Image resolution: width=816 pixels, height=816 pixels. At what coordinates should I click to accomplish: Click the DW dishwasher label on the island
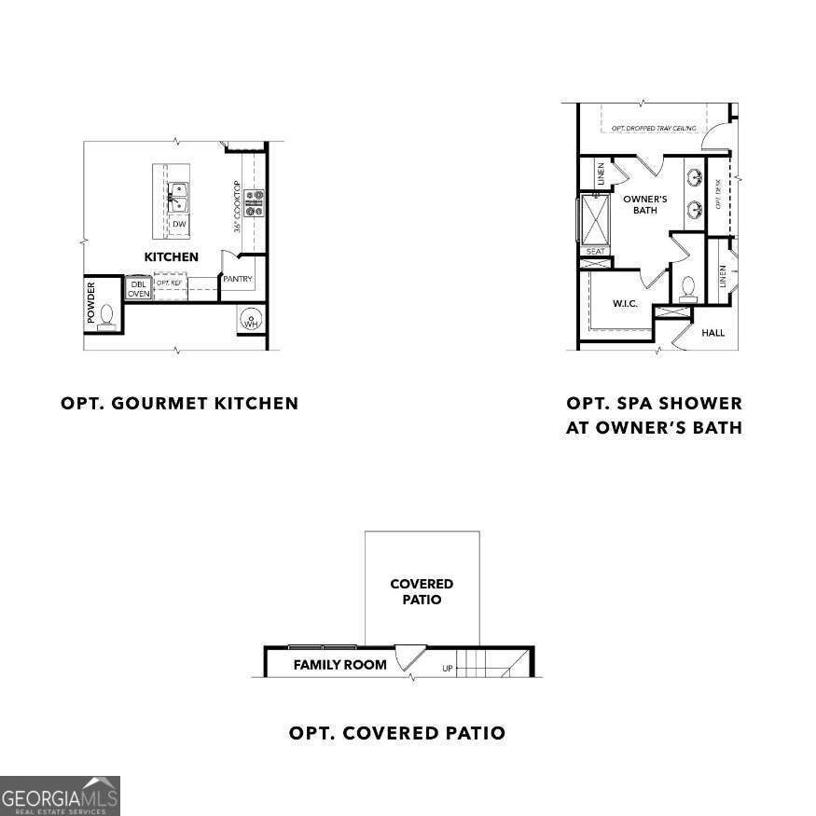point(178,224)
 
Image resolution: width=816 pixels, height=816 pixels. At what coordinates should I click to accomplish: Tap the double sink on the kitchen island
point(177,197)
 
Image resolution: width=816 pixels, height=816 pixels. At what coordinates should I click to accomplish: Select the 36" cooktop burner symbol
point(254,203)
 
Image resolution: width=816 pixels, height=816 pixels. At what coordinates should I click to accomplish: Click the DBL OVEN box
point(138,288)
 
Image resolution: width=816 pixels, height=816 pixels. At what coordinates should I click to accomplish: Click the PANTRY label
point(238,279)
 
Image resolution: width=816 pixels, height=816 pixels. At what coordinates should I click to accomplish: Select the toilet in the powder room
point(106,317)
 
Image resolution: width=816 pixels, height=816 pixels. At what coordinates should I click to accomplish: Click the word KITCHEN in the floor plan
point(171,256)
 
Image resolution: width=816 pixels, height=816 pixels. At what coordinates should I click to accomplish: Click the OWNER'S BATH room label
point(645,204)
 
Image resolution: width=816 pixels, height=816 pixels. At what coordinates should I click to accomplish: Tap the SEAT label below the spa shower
point(595,251)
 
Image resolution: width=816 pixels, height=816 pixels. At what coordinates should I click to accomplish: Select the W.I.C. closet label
point(625,303)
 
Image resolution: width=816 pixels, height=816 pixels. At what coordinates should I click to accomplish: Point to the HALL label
point(712,333)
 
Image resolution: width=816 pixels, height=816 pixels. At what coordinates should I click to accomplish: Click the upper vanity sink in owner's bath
point(695,176)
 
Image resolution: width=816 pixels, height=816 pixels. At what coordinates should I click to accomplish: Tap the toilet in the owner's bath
point(689,287)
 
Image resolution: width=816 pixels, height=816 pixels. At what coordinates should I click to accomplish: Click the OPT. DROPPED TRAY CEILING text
point(654,128)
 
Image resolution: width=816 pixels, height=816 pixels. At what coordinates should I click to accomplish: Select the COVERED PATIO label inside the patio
point(422,591)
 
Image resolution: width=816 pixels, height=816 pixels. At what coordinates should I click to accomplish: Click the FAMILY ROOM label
point(339,665)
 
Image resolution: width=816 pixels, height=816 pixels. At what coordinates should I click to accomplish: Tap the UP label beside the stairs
point(448,669)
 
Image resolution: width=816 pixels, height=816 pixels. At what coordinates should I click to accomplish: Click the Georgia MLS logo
point(60,795)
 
